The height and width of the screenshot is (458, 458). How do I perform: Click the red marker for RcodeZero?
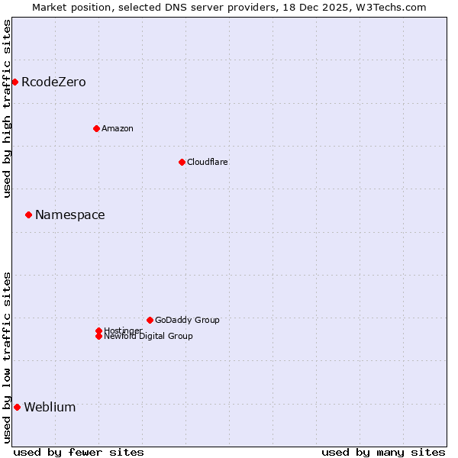pos(15,82)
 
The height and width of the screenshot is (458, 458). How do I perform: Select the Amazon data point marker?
pos(96,128)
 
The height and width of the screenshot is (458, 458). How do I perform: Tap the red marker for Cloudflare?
pos(182,162)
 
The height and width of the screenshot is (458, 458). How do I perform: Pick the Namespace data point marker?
pos(28,214)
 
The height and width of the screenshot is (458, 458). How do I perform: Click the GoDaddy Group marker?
pos(150,320)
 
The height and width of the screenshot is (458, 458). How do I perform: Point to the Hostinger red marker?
pos(98,331)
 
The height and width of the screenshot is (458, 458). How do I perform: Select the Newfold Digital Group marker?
pos(98,336)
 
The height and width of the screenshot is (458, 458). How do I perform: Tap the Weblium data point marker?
pos(17,407)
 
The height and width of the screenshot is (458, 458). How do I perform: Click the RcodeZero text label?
pos(53,82)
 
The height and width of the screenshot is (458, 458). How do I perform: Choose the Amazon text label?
pos(117,128)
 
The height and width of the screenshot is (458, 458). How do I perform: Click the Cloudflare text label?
pos(207,162)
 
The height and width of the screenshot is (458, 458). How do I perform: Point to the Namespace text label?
pos(69,215)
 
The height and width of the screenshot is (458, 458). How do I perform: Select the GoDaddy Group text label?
pos(187,320)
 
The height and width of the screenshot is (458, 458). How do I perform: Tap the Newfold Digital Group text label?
pos(148,337)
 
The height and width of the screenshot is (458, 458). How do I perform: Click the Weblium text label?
pos(50,408)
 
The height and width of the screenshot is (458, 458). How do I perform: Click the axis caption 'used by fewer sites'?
pos(79,452)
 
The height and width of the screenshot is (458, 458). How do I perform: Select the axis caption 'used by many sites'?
pos(383,452)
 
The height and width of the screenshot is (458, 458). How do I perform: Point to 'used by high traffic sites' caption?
pos(7,108)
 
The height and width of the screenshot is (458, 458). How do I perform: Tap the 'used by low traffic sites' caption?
pos(7,357)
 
